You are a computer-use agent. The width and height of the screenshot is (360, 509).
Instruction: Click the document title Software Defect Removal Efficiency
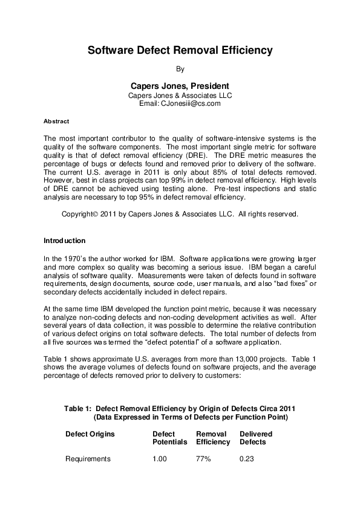point(180,51)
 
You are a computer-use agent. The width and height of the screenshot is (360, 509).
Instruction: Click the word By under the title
point(180,69)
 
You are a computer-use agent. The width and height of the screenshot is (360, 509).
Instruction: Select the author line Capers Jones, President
point(180,86)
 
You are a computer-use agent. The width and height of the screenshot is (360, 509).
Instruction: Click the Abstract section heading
point(56,122)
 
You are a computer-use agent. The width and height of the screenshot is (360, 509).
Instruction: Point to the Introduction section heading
point(65,241)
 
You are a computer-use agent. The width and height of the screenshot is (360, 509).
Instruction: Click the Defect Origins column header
point(90,433)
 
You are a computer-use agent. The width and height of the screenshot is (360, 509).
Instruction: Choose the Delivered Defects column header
point(256,438)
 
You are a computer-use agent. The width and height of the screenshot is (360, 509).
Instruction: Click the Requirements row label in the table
point(88,459)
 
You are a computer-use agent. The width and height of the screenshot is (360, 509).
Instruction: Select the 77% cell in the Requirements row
point(203,459)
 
